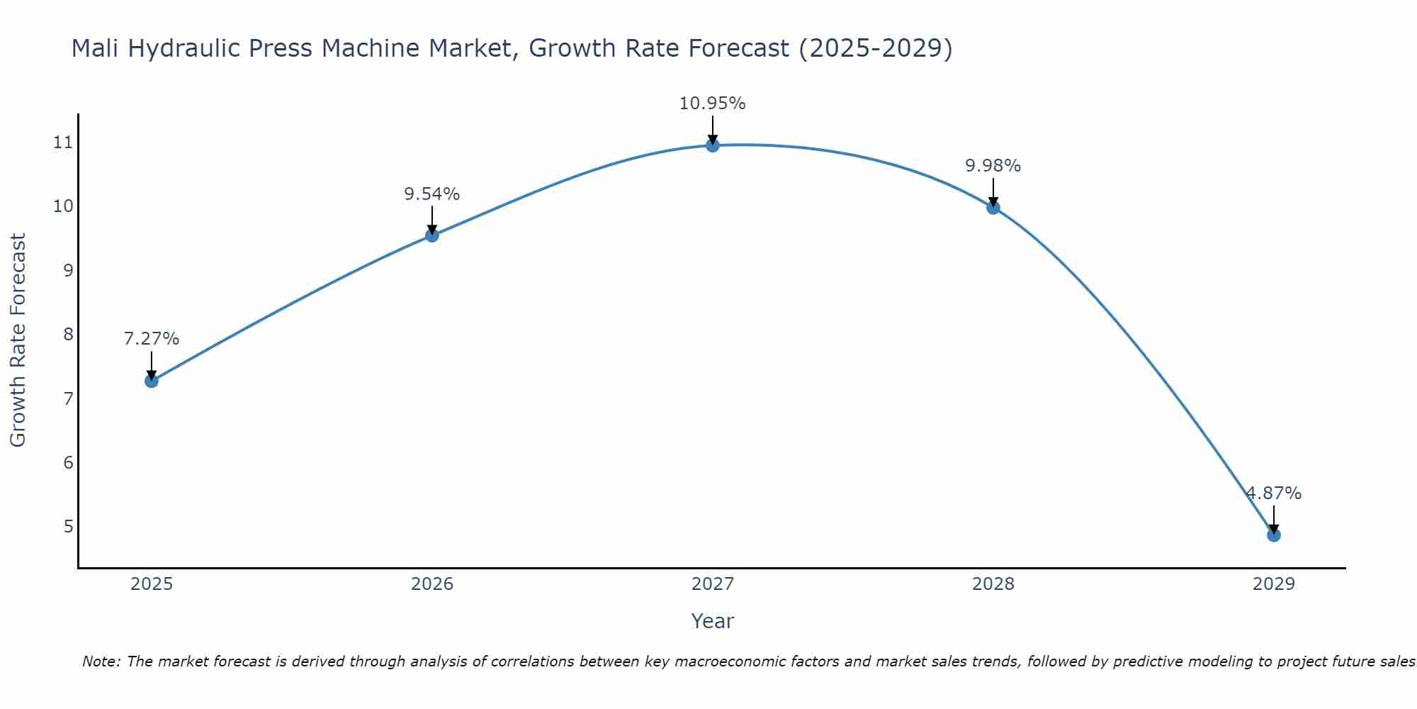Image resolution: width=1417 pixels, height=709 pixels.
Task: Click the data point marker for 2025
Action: coord(152,381)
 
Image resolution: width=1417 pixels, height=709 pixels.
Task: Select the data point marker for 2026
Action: coord(432,235)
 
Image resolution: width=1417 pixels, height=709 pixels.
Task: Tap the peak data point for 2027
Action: coord(713,145)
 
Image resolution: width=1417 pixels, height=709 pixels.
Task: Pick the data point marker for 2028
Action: coord(993,208)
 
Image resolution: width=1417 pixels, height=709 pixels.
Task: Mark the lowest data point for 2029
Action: coord(1274,535)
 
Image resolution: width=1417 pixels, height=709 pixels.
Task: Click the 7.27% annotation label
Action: coord(152,339)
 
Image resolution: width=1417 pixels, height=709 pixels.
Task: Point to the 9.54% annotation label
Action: coord(432,194)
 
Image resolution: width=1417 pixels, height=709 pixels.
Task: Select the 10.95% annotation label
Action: coord(713,104)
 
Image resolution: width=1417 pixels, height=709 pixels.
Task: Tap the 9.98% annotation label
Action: coord(993,166)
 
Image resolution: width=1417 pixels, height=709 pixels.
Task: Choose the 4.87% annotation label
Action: coord(1274,493)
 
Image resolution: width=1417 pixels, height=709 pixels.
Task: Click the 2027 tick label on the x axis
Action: coord(713,584)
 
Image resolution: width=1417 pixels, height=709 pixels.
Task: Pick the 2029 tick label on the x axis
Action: coord(1274,584)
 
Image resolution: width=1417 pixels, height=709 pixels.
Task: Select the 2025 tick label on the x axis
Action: coord(152,584)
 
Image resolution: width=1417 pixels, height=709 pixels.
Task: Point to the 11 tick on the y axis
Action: coord(63,143)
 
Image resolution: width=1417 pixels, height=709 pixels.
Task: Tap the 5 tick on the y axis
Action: coord(68,526)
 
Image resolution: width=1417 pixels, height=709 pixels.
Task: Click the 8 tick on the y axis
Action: coord(68,334)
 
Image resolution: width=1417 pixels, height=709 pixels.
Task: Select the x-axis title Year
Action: coord(713,621)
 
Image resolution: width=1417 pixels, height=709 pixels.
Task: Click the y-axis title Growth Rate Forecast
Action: coord(18,340)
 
